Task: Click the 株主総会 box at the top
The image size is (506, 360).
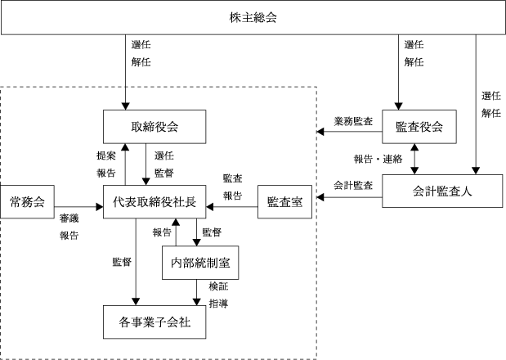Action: [x=253, y=17]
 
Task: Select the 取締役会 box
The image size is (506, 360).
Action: [x=154, y=127]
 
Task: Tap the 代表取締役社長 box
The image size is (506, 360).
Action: [x=154, y=202]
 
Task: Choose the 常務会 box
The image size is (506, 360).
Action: [x=27, y=202]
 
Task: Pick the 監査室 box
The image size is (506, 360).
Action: [x=284, y=202]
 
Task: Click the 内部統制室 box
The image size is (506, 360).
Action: [x=200, y=263]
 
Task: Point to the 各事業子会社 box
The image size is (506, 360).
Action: [x=154, y=322]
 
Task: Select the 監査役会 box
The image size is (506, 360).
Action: [x=419, y=127]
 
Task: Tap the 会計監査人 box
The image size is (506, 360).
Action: [x=442, y=191]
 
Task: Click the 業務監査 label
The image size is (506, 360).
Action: [x=353, y=121]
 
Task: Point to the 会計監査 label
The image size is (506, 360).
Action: [x=353, y=186]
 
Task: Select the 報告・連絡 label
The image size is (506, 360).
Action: [x=378, y=159]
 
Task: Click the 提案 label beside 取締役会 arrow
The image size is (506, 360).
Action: [x=106, y=155]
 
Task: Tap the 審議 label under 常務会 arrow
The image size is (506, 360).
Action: [x=69, y=218]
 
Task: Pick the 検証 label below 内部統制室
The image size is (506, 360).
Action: [x=218, y=286]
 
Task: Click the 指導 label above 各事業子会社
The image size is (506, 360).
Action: [x=218, y=304]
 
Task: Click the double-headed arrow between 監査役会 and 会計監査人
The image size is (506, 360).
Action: [x=414, y=160]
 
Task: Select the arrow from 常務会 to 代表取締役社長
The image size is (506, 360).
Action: [x=78, y=207]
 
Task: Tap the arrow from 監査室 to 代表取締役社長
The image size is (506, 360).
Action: [x=231, y=207]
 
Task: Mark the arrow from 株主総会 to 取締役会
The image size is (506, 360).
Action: [x=126, y=72]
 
